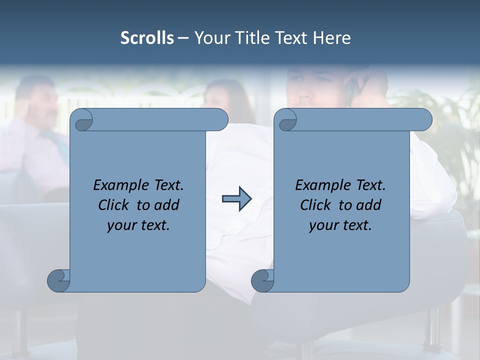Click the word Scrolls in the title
tap(147, 38)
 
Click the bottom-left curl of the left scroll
tap(59, 280)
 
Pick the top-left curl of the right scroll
tap(286, 120)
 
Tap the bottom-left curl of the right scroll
tap(263, 280)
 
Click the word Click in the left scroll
tap(115, 205)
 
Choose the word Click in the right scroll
tap(317, 205)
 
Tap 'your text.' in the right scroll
tap(340, 225)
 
